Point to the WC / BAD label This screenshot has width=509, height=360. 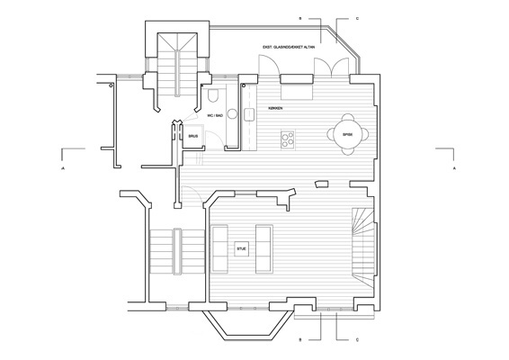click(x=212, y=115)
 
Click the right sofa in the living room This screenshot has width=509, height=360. click(x=264, y=247)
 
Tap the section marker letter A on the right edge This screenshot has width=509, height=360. click(x=455, y=168)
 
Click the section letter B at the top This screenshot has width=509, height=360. click(x=302, y=17)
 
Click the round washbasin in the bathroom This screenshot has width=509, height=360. click(x=231, y=114)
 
